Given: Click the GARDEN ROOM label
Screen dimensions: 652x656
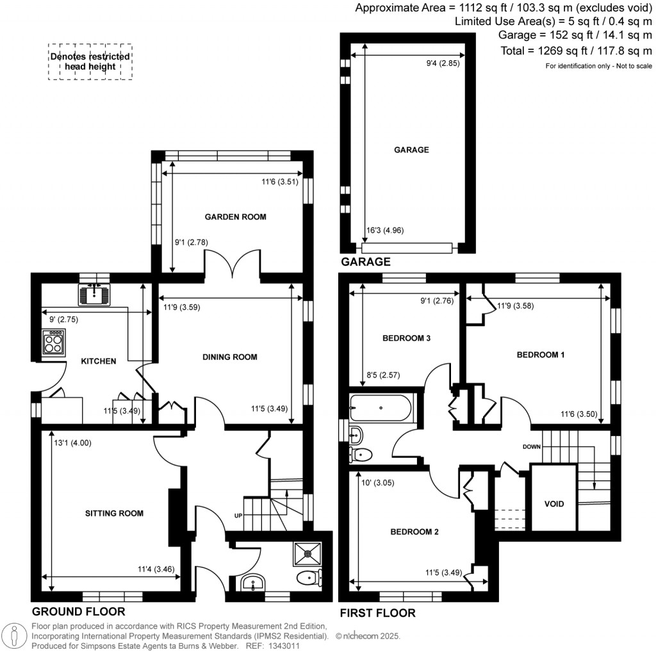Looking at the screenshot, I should pyautogui.click(x=235, y=217).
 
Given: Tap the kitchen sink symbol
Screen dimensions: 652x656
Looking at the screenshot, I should pyautogui.click(x=95, y=295).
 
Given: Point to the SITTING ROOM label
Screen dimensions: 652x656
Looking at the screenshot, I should pyautogui.click(x=115, y=513).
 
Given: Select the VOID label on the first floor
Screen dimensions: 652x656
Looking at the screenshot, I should pyautogui.click(x=554, y=504).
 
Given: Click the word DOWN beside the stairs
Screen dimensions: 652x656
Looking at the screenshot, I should pyautogui.click(x=532, y=446).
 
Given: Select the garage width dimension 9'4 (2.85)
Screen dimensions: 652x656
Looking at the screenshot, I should pyautogui.click(x=443, y=63).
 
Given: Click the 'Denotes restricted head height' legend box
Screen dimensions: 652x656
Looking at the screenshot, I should pyautogui.click(x=90, y=61).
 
